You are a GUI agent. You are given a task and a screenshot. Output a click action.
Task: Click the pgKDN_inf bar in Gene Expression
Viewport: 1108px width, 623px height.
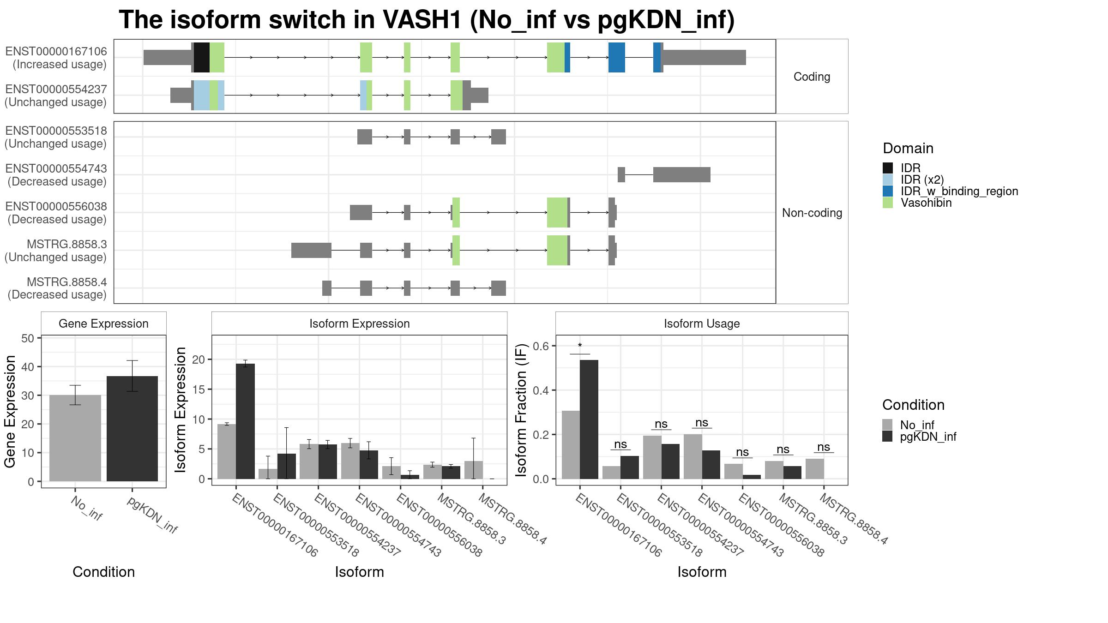[x=132, y=429]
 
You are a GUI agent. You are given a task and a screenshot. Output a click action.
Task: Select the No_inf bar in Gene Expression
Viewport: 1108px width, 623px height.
[x=75, y=438]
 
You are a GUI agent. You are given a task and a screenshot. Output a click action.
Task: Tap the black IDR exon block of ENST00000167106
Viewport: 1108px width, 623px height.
[x=202, y=57]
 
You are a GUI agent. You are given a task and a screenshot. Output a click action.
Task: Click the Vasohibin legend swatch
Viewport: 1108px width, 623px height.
[x=887, y=203]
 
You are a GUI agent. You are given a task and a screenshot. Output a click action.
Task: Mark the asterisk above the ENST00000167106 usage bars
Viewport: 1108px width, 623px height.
[x=580, y=346]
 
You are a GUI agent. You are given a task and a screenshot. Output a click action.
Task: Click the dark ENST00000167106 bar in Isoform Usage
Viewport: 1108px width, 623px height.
[x=589, y=419]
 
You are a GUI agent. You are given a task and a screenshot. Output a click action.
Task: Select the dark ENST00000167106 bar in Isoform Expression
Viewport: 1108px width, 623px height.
[x=245, y=421]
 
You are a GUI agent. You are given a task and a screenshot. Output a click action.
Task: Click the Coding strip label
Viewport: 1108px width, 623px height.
[x=812, y=77]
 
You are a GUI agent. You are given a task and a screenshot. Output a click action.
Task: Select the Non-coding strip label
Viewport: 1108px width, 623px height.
[x=812, y=213]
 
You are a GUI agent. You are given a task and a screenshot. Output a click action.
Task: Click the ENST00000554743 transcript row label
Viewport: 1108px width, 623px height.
[x=56, y=175]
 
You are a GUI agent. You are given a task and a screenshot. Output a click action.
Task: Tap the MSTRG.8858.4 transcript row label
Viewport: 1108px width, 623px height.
[x=57, y=288]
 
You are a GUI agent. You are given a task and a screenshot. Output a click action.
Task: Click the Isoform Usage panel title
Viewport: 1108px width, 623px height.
[x=702, y=323]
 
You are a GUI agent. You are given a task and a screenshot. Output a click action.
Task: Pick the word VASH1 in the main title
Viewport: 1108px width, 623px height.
[x=422, y=20]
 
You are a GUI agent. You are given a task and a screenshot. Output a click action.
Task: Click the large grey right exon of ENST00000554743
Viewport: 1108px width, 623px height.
[x=681, y=175]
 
